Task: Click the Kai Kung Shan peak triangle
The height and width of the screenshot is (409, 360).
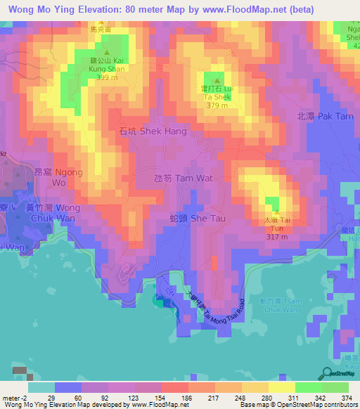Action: (108, 53)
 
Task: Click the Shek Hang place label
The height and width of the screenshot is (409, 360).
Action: (152, 131)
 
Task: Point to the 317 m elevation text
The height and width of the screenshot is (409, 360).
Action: (277, 236)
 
